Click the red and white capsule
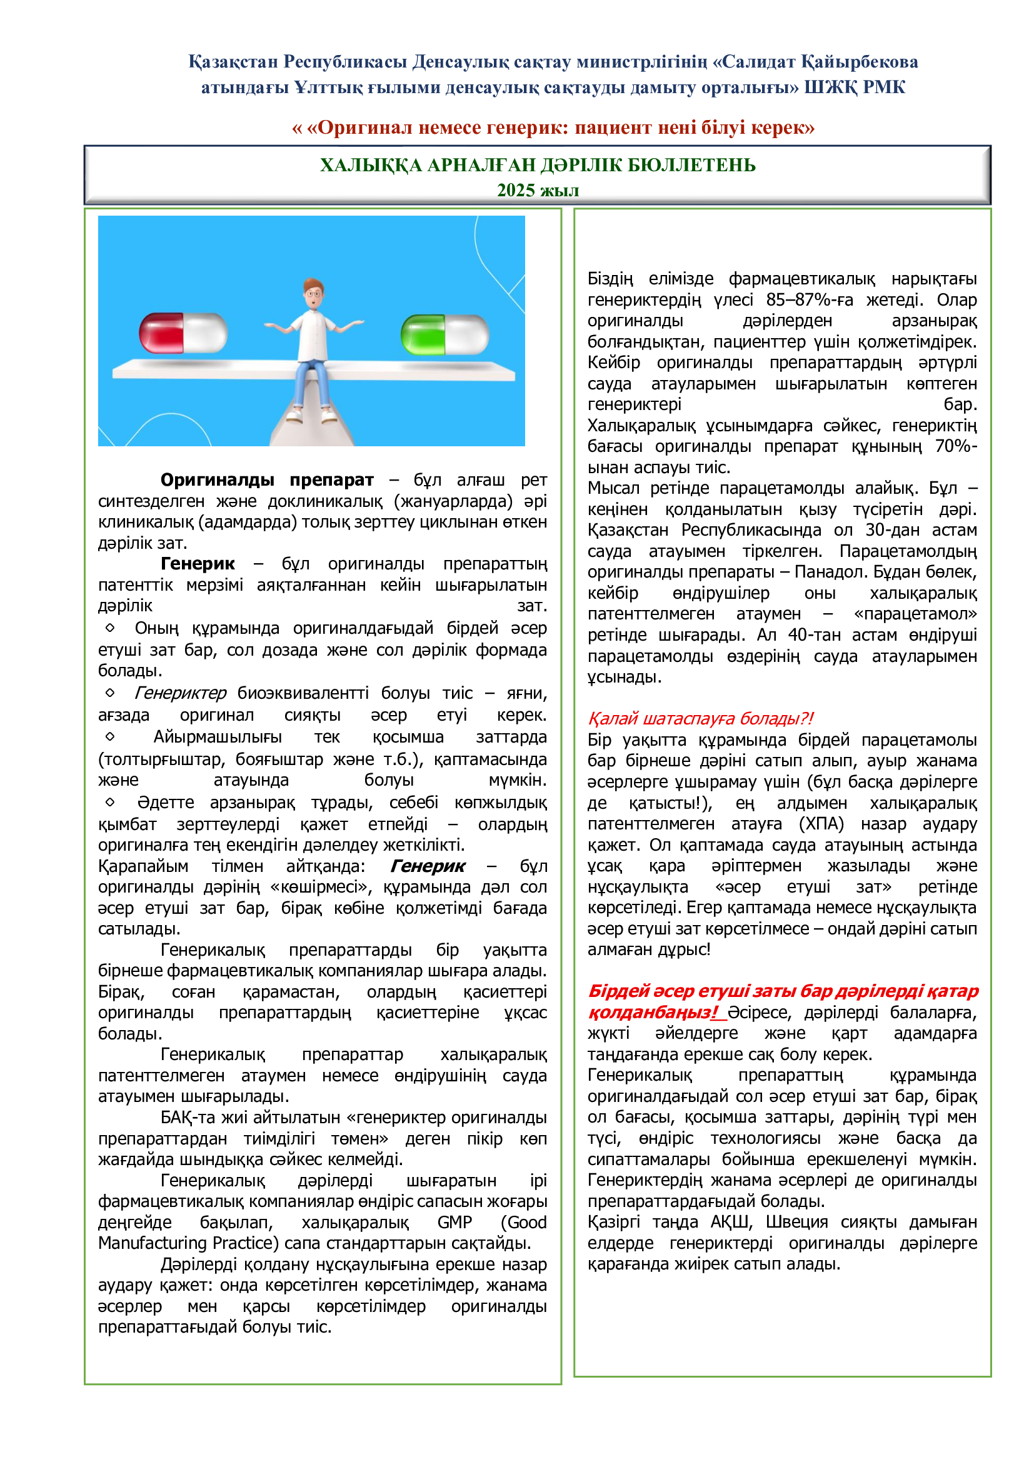183,333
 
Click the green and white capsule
444,334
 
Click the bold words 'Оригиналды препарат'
267,479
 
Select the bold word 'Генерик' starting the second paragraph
198,564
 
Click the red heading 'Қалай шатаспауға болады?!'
700,718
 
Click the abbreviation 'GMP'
454,1222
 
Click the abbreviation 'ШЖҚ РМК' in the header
855,88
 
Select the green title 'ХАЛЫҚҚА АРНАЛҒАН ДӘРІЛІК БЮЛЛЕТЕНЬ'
538,165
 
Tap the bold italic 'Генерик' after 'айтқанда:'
428,866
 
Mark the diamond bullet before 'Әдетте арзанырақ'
110,802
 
